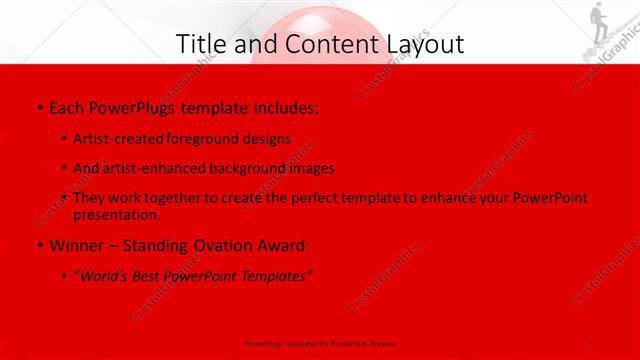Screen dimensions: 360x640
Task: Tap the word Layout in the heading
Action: click(x=420, y=44)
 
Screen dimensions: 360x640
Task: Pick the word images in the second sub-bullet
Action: click(x=310, y=168)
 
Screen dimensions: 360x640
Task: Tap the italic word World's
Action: click(x=103, y=276)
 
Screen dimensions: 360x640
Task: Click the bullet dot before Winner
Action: click(x=38, y=245)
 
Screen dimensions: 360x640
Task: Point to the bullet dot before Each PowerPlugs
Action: click(x=38, y=106)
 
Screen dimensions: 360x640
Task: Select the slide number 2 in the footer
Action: click(x=590, y=341)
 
